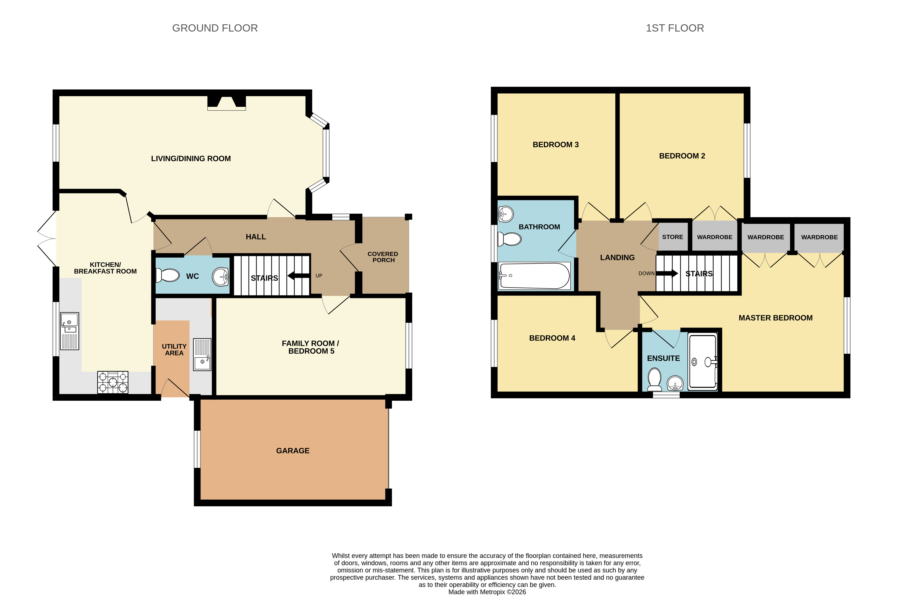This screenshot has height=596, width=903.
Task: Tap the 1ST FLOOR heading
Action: [x=675, y=28]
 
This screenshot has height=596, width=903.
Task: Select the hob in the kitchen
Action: [x=113, y=382]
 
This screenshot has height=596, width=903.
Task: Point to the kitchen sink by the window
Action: [x=70, y=331]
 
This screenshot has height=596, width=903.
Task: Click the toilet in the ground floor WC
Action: [x=168, y=275]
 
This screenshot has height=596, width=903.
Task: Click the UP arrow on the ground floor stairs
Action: [x=299, y=275]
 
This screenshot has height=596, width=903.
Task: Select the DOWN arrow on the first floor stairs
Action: [x=667, y=273]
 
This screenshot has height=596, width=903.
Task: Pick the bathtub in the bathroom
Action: [x=535, y=275]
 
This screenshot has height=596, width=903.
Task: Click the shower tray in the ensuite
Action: [x=703, y=361]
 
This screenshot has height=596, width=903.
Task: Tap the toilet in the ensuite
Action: [x=655, y=379]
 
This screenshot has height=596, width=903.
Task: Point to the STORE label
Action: [x=672, y=237]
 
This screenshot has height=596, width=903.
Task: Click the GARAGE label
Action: [x=293, y=451]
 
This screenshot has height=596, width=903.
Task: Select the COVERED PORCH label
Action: [x=383, y=257]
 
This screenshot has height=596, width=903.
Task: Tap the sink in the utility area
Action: [x=202, y=354]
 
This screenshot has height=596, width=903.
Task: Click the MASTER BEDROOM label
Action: [x=776, y=318]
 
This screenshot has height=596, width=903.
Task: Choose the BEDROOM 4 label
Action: [x=552, y=338]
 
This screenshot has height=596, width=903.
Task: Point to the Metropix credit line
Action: [x=487, y=592]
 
